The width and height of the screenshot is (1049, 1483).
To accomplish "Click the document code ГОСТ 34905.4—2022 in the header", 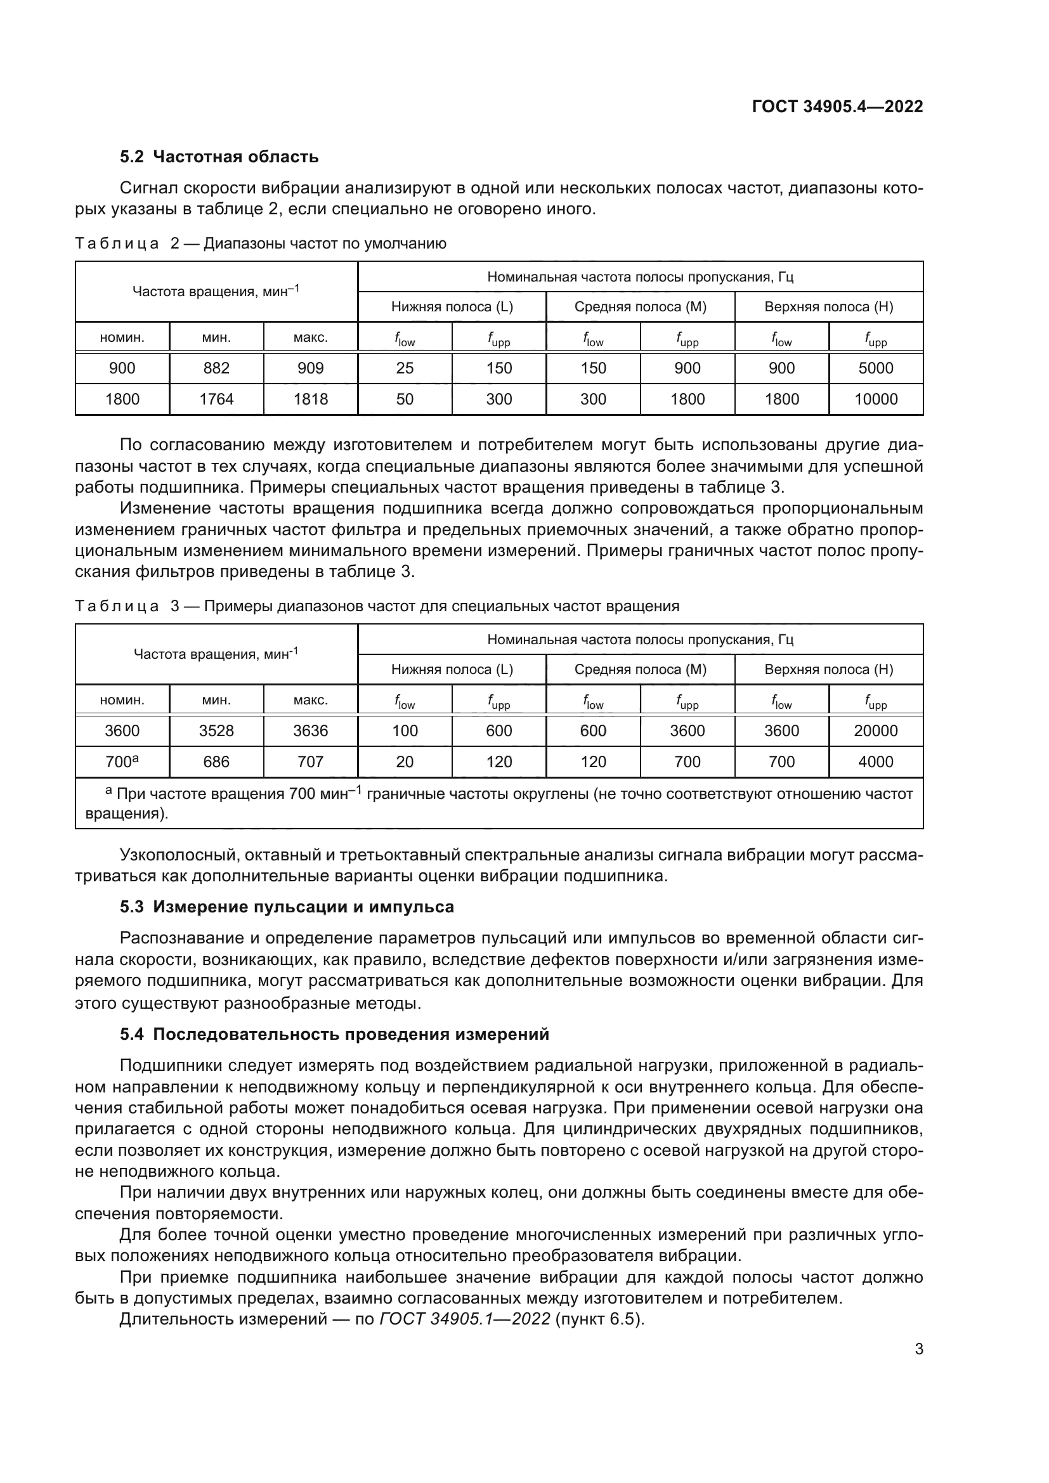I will click(x=837, y=107).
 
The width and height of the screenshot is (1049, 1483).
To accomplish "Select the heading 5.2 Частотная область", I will click(x=219, y=157).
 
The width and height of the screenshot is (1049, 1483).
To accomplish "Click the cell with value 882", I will click(x=216, y=368).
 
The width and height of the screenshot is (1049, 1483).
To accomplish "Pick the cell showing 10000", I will click(x=875, y=399).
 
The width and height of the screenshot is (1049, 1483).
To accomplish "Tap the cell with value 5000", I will click(x=875, y=368).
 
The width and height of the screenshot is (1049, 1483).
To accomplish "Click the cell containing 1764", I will click(x=216, y=399).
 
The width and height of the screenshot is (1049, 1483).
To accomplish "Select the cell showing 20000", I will click(x=875, y=730).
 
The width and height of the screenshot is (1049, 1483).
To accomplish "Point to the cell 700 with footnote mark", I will click(x=122, y=761).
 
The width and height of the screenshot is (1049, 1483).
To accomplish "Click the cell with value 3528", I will click(x=216, y=730).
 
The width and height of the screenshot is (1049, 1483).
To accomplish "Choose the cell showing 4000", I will click(x=875, y=761).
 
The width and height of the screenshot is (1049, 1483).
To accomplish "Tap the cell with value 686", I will click(x=216, y=761).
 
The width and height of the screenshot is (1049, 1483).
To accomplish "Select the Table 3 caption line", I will click(x=377, y=606).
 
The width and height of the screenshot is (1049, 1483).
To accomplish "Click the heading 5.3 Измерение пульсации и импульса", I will click(x=287, y=907).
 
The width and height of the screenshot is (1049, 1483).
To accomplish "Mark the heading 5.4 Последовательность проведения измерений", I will click(x=334, y=1034).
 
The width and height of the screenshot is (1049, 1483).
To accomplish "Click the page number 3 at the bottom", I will click(x=918, y=1349).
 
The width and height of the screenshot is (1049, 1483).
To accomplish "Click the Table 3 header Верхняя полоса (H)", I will click(x=828, y=669).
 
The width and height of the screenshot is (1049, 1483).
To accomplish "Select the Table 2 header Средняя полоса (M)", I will click(x=640, y=307).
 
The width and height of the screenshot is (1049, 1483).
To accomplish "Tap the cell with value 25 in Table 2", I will click(x=405, y=368).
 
